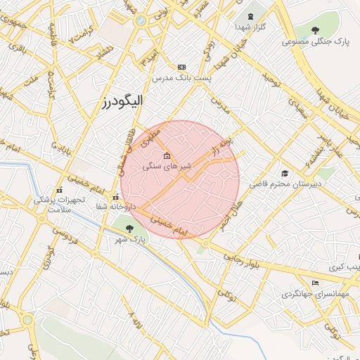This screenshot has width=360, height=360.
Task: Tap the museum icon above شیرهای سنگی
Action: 167,156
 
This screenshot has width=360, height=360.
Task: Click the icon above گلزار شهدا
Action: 250,17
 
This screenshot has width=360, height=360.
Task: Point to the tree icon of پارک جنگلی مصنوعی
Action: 314,31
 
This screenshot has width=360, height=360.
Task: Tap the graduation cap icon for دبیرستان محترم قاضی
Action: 285,173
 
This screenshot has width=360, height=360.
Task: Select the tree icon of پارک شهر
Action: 128,228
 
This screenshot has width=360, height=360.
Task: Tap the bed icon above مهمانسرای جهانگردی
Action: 315,282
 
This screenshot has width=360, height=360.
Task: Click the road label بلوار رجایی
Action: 243,258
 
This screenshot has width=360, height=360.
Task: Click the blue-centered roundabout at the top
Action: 141,20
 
